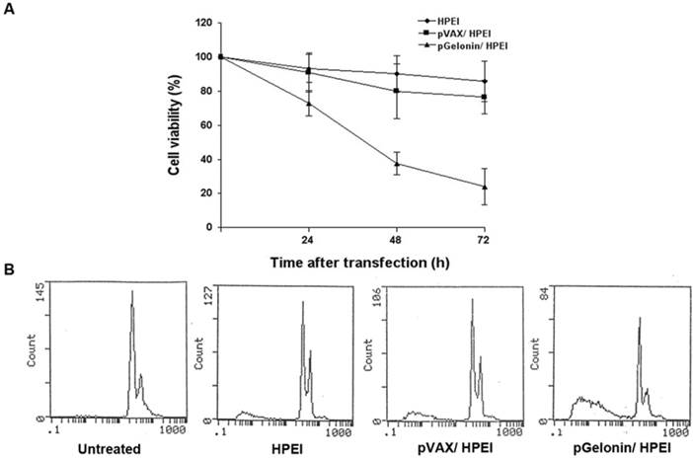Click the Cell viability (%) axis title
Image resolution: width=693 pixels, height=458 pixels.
click(x=174, y=123)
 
